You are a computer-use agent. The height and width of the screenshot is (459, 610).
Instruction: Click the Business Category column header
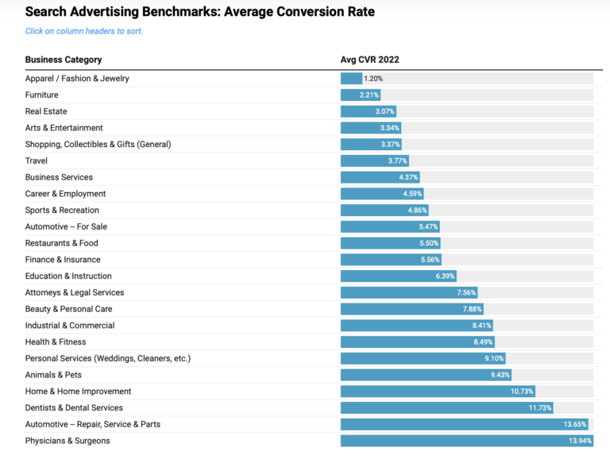pyautogui.click(x=64, y=60)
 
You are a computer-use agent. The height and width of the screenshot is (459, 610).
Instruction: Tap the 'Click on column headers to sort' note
pyautogui.click(x=84, y=31)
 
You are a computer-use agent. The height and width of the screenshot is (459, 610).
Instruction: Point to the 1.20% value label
pyautogui.click(x=373, y=79)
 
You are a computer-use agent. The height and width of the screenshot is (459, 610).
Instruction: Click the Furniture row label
pyautogui.click(x=41, y=95)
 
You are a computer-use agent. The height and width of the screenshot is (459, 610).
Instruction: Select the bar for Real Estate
pyautogui.click(x=369, y=111)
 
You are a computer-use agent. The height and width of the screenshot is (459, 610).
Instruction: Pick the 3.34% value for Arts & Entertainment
pyautogui.click(x=388, y=128)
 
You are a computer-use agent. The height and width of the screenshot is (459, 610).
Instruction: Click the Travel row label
pyautogui.click(x=37, y=160)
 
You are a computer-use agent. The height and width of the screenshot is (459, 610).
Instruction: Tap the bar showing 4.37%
pyautogui.click(x=380, y=177)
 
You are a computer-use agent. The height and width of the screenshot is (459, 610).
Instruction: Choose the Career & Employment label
pyautogui.click(x=65, y=194)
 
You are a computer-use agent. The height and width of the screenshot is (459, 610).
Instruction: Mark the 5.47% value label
pyautogui.click(x=427, y=227)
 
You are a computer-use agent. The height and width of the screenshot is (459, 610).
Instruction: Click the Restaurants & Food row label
pyautogui.click(x=61, y=243)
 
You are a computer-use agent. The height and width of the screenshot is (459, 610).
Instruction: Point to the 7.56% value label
pyautogui.click(x=465, y=292)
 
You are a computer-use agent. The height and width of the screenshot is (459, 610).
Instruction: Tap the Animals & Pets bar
pyautogui.click(x=427, y=375)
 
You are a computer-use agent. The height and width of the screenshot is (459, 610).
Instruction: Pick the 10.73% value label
pyautogui.click(x=521, y=391)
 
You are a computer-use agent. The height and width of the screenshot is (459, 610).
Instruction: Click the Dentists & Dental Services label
pyautogui.click(x=74, y=408)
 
